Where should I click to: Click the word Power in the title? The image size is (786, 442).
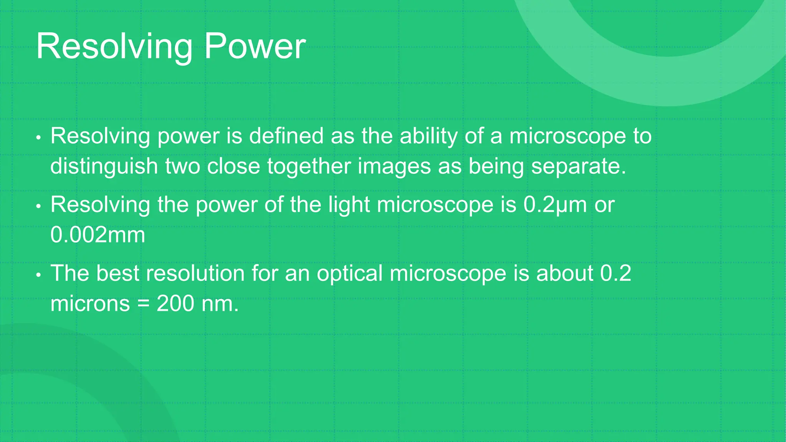(x=254, y=46)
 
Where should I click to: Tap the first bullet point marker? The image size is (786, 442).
(x=38, y=138)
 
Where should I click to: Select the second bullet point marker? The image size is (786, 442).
(x=38, y=206)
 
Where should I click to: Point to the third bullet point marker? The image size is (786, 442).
(x=38, y=275)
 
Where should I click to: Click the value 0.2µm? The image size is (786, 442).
(x=555, y=205)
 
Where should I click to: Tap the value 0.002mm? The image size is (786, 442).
(x=98, y=235)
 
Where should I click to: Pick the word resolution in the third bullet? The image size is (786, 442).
(x=195, y=274)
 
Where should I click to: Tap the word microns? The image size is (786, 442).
(x=90, y=304)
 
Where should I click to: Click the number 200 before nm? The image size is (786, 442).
(x=175, y=304)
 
